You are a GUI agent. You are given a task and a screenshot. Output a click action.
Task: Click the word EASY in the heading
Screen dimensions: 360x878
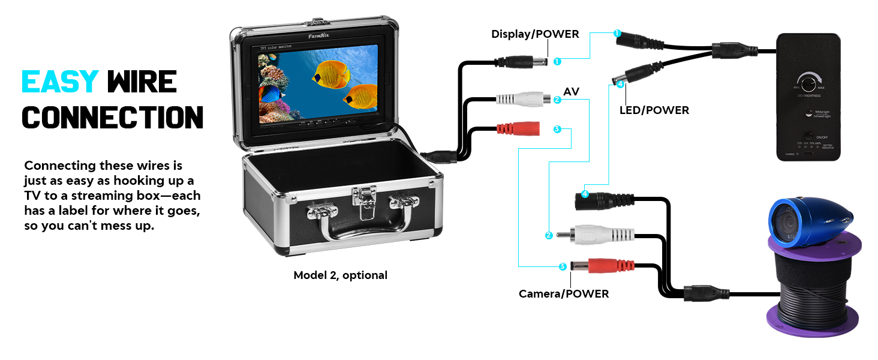click(x=60, y=82)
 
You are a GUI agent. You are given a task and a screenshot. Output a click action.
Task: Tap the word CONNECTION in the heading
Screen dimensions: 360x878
click(x=112, y=117)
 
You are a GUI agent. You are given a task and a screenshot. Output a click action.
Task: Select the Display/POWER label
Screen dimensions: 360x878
click(x=535, y=34)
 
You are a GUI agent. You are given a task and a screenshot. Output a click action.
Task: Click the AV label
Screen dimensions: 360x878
click(x=571, y=91)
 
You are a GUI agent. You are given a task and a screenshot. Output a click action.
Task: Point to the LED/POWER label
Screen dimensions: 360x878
click(x=654, y=110)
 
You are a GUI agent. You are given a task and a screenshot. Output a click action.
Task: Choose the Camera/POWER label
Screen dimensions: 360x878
click(x=563, y=294)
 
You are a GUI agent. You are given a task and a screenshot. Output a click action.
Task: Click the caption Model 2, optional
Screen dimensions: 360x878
click(x=340, y=275)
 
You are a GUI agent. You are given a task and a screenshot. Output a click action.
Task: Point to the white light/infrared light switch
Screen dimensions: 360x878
click(x=808, y=113)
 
